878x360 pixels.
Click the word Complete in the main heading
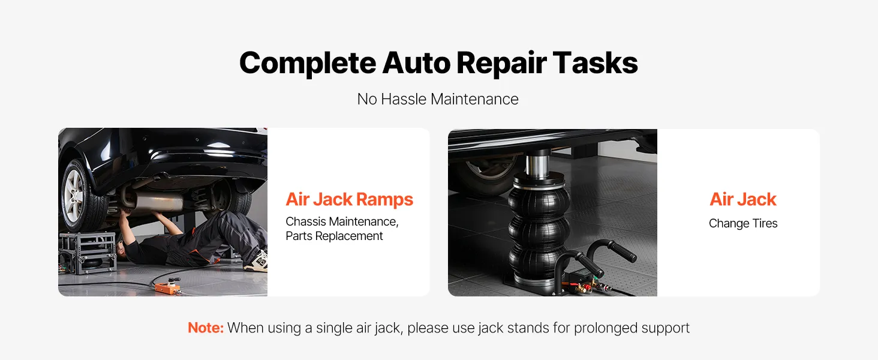(308, 64)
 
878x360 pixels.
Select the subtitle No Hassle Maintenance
(438, 99)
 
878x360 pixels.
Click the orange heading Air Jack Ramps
(349, 199)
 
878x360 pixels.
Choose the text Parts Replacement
(334, 236)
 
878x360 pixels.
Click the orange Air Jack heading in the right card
(743, 199)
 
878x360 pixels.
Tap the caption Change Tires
(743, 224)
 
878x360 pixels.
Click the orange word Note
(206, 328)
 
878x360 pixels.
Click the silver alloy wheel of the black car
(74, 196)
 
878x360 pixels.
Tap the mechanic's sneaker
(257, 262)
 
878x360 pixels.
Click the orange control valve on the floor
(167, 287)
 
